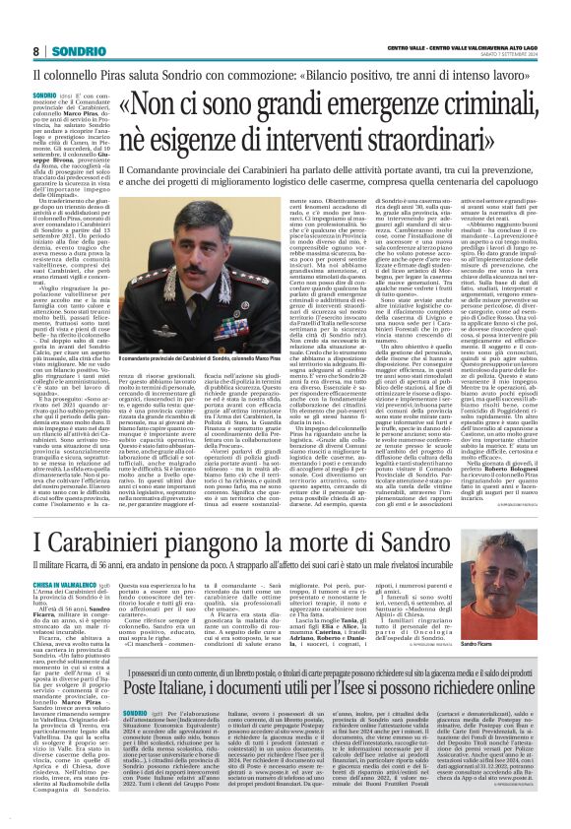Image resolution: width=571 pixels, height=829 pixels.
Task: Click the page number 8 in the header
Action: point(35,50)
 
